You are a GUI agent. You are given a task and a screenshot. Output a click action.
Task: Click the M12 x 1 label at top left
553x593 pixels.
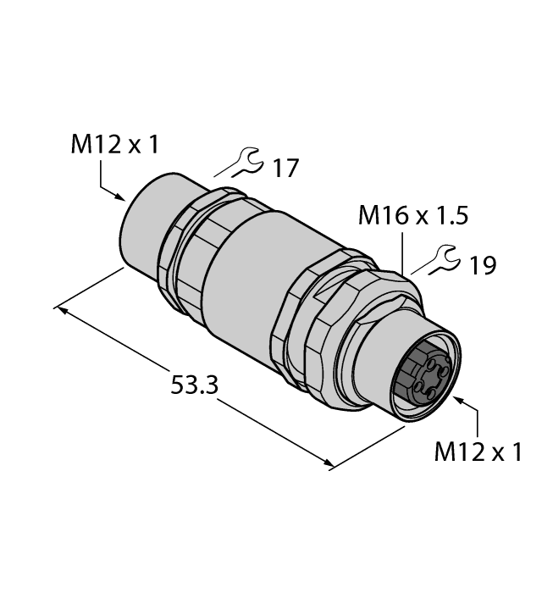pos(113,146)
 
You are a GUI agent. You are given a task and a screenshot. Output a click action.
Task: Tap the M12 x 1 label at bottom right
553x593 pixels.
pos(478,452)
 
